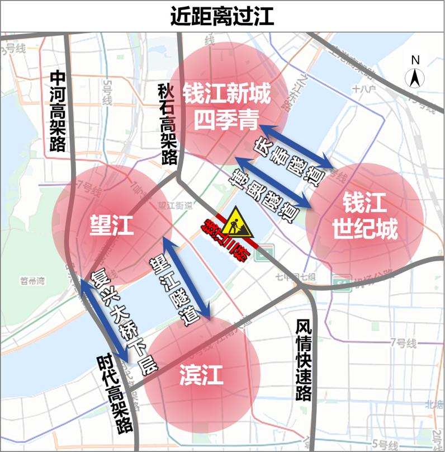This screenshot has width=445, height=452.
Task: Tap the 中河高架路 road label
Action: [58, 111]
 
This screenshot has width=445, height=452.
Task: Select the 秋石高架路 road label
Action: [166, 123]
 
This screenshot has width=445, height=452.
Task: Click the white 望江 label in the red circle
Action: [112, 225]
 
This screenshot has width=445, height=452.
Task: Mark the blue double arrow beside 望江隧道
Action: [187, 277]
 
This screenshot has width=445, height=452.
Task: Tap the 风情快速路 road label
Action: [303, 360]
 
